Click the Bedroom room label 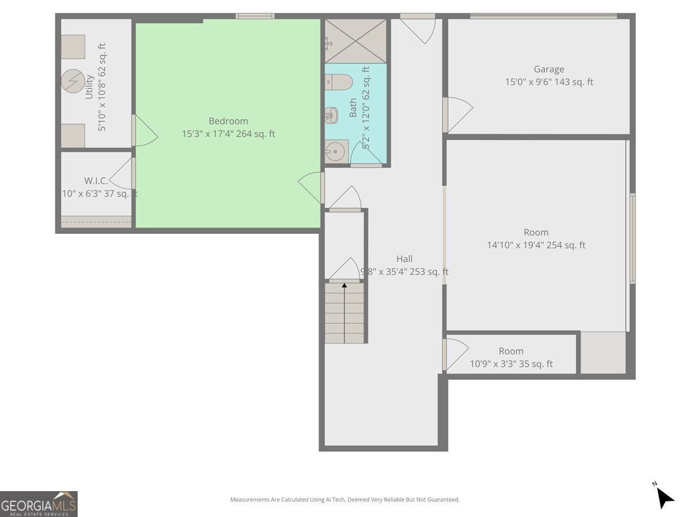tap(228, 121)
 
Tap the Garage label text tap(549, 70)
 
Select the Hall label tap(404, 259)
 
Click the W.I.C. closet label tap(96, 181)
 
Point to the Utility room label tap(90, 87)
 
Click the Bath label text tap(353, 108)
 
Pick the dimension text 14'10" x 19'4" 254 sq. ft tap(536, 245)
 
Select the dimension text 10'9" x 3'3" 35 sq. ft tap(511, 364)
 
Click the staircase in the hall tap(344, 313)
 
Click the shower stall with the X tap(355, 41)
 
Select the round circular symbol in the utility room tap(73, 82)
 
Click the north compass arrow tap(664, 497)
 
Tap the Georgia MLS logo tap(39, 504)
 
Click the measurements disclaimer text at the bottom tap(345, 500)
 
